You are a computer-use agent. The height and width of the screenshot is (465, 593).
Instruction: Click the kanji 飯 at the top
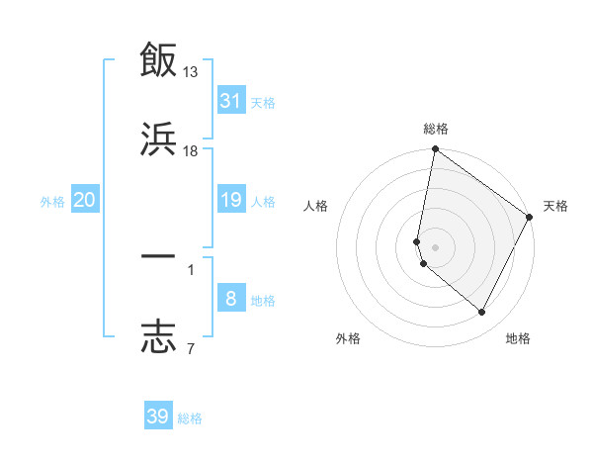pyautogui.click(x=158, y=59)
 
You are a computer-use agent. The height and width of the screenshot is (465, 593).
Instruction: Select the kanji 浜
pyautogui.click(x=158, y=139)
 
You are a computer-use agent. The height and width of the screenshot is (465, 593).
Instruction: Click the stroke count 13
pyautogui.click(x=191, y=71)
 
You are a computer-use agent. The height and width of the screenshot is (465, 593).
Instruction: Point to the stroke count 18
pyautogui.click(x=191, y=150)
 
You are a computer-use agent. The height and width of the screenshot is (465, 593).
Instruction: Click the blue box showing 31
pyautogui.click(x=231, y=101)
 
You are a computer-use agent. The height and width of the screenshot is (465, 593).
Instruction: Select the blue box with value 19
pyautogui.click(x=231, y=201)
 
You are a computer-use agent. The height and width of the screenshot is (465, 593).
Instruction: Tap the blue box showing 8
pyautogui.click(x=231, y=300)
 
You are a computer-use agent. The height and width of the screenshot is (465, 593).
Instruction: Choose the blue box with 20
pyautogui.click(x=85, y=201)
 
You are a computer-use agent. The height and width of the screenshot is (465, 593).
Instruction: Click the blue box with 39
pyautogui.click(x=158, y=417)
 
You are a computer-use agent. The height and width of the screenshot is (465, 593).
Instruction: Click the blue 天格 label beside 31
pyautogui.click(x=263, y=102)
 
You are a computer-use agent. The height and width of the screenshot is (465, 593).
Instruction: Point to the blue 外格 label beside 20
pyautogui.click(x=52, y=202)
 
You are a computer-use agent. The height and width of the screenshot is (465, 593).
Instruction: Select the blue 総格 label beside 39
pyautogui.click(x=190, y=418)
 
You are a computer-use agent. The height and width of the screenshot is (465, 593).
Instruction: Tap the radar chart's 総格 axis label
pyautogui.click(x=436, y=129)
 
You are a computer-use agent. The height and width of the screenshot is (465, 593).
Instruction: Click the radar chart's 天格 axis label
pyautogui.click(x=555, y=206)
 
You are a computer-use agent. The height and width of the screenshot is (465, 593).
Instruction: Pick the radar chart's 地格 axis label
pyautogui.click(x=518, y=338)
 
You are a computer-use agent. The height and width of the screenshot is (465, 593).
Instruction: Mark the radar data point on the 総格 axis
pyautogui.click(x=435, y=150)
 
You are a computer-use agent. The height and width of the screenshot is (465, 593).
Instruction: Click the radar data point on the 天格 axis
pyautogui.click(x=530, y=217)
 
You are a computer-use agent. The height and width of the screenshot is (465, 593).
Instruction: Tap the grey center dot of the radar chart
pyautogui.click(x=436, y=247)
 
